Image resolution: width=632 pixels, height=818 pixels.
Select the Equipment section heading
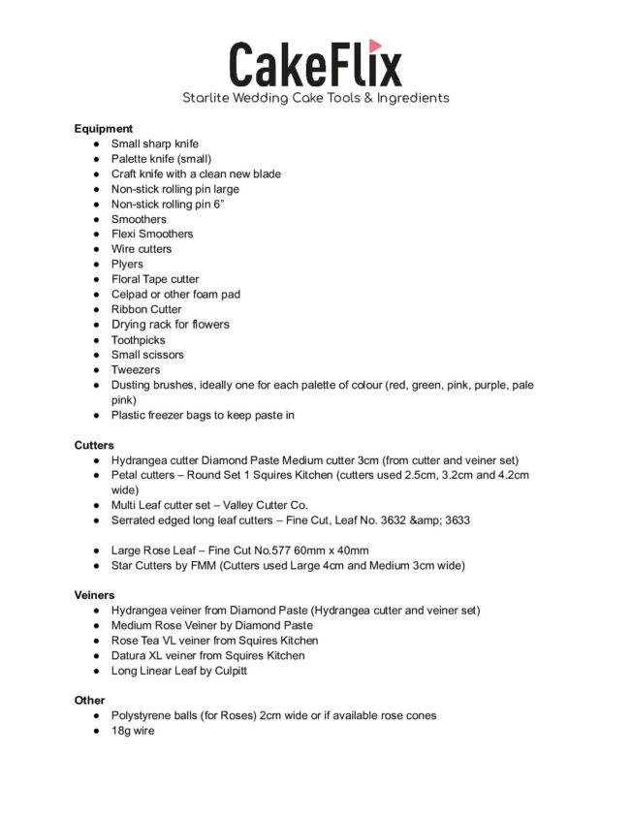click(x=104, y=128)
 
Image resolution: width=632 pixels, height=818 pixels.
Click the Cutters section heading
click(x=94, y=445)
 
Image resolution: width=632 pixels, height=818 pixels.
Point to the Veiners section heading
click(x=95, y=595)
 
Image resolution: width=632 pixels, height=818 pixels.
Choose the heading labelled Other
click(x=90, y=700)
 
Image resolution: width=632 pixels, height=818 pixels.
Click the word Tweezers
click(x=136, y=369)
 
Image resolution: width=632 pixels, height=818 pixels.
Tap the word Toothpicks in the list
click(x=139, y=339)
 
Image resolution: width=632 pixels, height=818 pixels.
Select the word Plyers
click(x=127, y=264)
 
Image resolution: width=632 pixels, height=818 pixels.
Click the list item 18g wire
click(x=133, y=730)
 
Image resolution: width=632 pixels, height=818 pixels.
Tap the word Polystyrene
click(x=142, y=715)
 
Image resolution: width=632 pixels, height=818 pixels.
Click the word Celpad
click(x=130, y=294)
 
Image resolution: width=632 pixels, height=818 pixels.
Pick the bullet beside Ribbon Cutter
click(x=97, y=309)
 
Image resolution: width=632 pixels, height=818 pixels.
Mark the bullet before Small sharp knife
click(x=97, y=143)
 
